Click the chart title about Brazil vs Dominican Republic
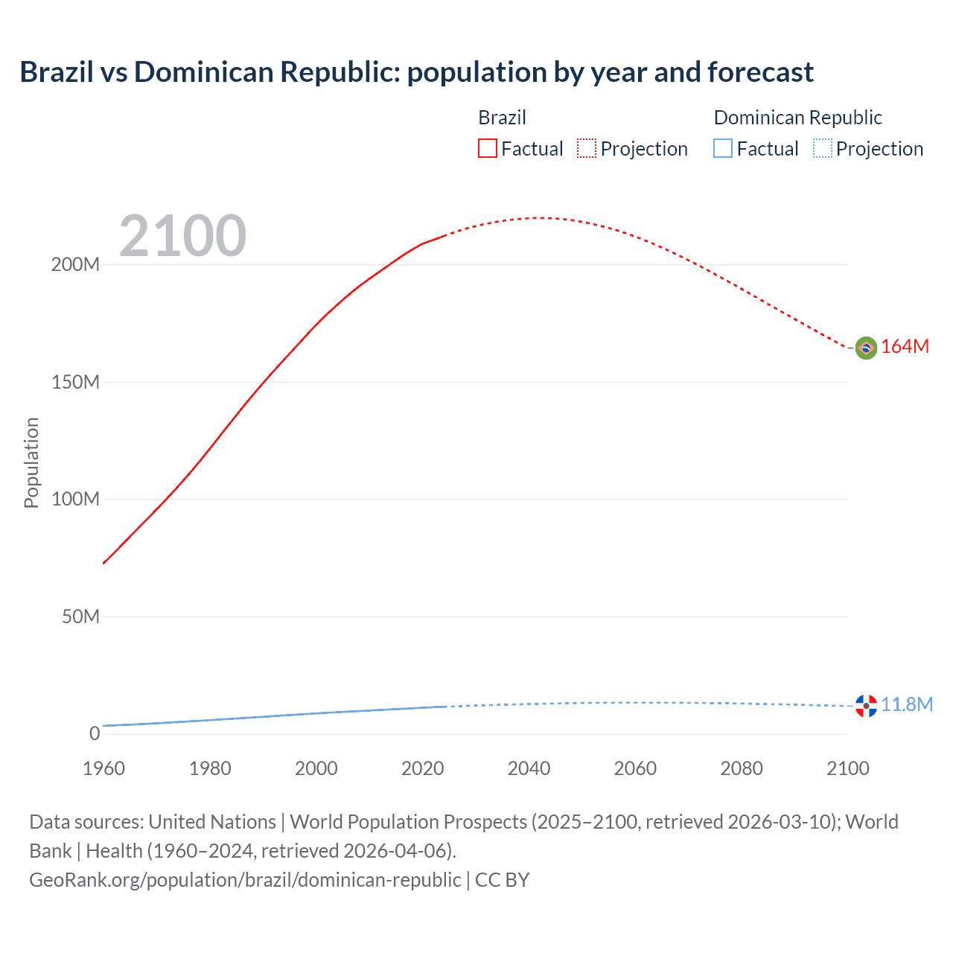[x=416, y=72]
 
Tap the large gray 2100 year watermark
[x=182, y=236]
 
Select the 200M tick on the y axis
[x=75, y=265]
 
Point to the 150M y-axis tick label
[x=75, y=383]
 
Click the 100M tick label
[x=75, y=500]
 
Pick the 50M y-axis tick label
[x=80, y=616]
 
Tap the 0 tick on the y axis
[x=95, y=733]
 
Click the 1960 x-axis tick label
[x=103, y=768]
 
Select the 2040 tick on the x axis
[x=529, y=768]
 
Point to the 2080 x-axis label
[x=742, y=768]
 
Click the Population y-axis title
[x=31, y=462]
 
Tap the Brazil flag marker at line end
[x=866, y=348]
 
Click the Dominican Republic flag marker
[x=866, y=705]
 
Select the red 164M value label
[x=905, y=347]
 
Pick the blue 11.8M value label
[x=907, y=704]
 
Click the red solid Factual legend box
[x=487, y=148]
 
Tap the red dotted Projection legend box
[x=587, y=148]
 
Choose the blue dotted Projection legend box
[x=822, y=148]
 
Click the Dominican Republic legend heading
[x=797, y=118]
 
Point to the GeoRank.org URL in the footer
[x=245, y=879]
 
